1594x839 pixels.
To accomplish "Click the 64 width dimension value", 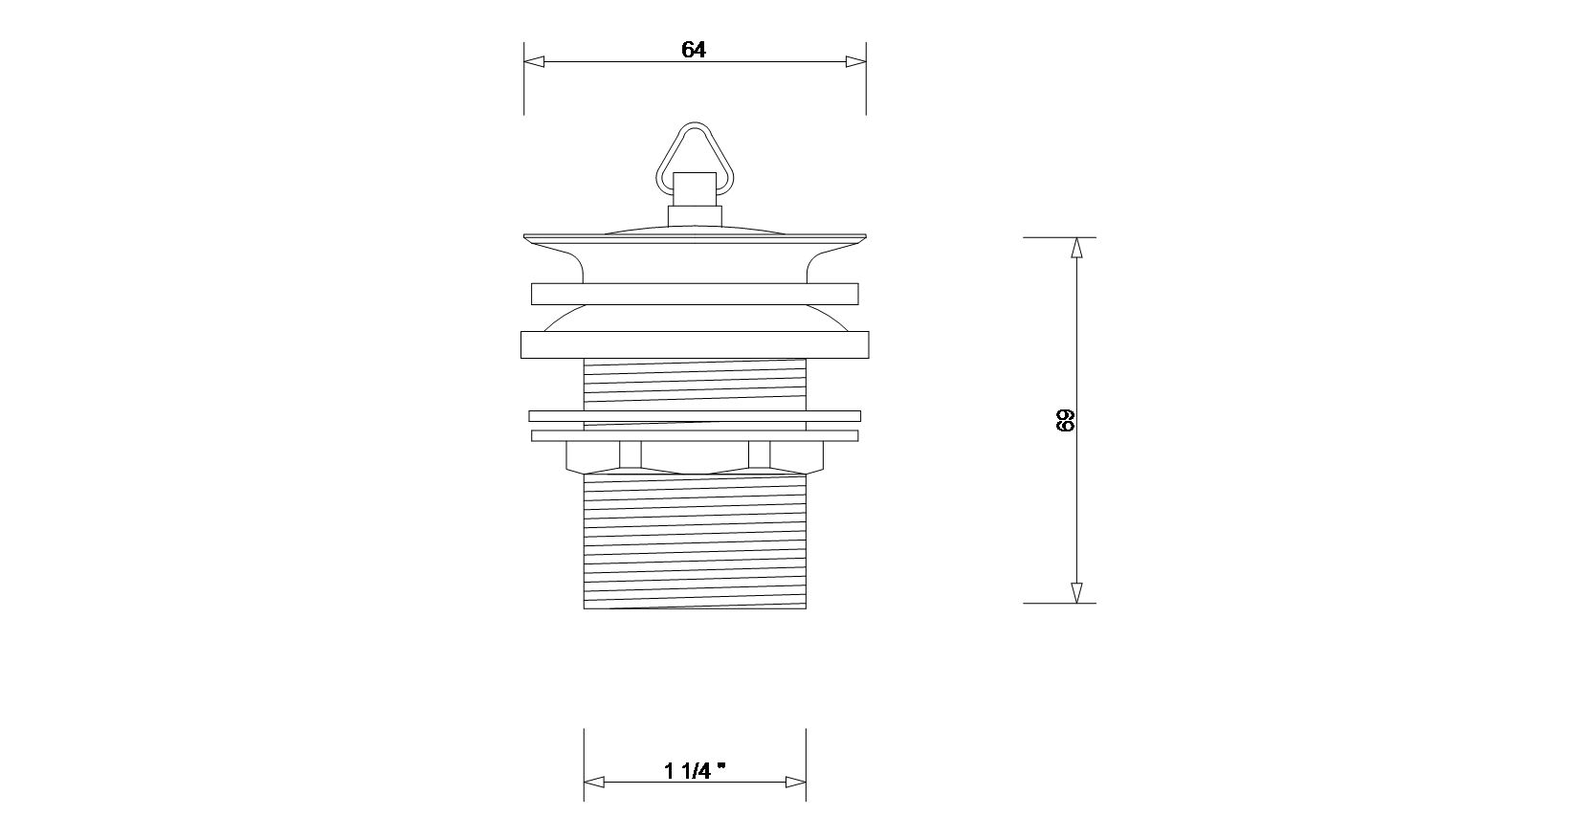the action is pyautogui.click(x=693, y=49).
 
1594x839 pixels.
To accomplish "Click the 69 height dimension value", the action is pyautogui.click(x=1065, y=421).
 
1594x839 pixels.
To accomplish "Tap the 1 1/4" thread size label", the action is pyautogui.click(x=695, y=770).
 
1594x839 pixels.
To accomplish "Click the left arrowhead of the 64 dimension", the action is pyautogui.click(x=535, y=62).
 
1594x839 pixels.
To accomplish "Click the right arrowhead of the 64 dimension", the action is pyautogui.click(x=856, y=62).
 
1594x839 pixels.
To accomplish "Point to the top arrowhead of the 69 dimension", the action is pyautogui.click(x=1076, y=248).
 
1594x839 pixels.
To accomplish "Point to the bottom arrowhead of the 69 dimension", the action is pyautogui.click(x=1076, y=593).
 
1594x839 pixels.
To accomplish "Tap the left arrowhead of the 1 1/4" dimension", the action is pyautogui.click(x=594, y=782).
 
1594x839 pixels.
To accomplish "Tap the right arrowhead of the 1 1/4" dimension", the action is pyautogui.click(x=796, y=782).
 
